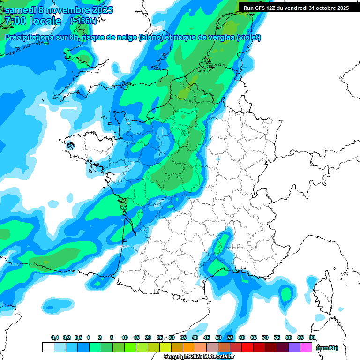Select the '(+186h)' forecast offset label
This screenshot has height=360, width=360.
click(83, 21)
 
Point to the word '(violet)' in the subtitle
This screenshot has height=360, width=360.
click(249, 37)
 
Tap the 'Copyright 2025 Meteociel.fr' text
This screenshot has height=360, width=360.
click(199, 357)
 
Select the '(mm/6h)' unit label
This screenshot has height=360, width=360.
click(327, 348)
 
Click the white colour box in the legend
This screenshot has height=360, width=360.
click(48, 347)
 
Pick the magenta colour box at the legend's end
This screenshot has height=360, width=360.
click(307, 347)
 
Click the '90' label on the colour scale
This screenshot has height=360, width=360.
click(312, 337)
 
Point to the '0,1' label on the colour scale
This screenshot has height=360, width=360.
click(55, 337)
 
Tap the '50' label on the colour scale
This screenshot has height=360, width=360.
click(218, 337)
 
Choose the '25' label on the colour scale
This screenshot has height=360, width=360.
click(160, 337)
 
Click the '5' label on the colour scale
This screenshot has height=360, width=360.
click(112, 337)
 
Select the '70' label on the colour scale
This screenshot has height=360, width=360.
click(265, 337)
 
